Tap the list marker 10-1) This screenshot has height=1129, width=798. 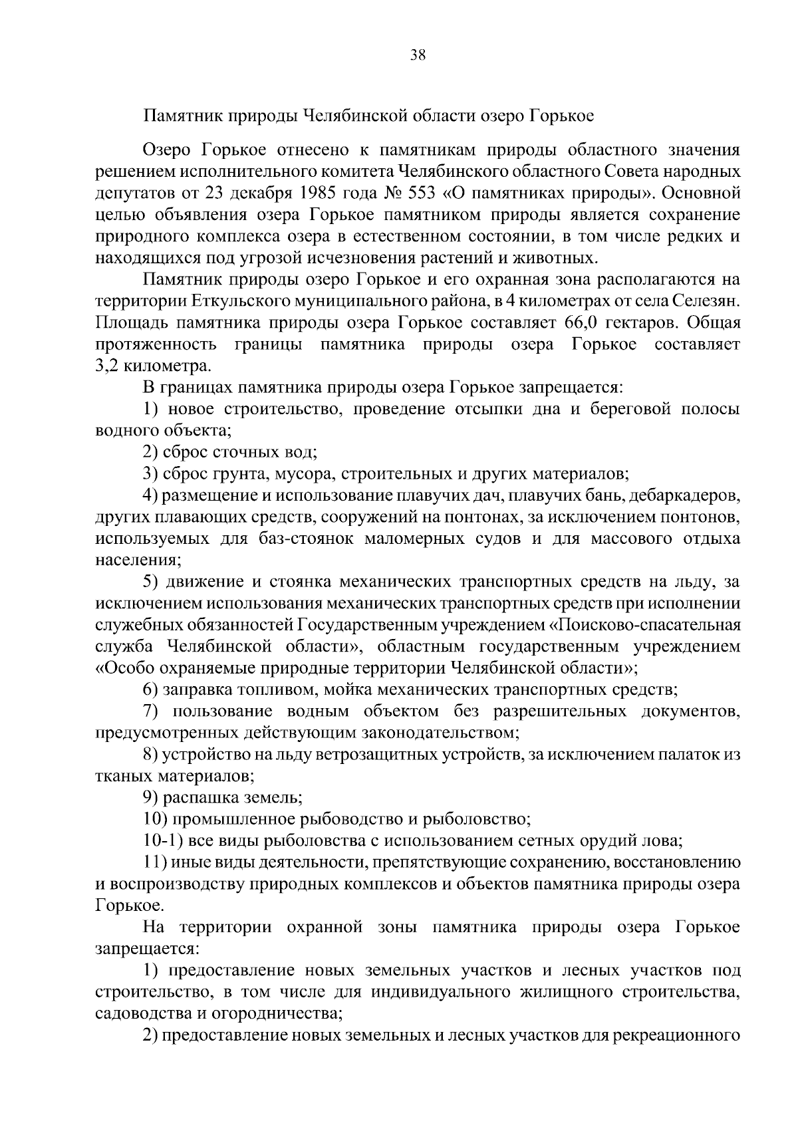pyautogui.click(x=164, y=840)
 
